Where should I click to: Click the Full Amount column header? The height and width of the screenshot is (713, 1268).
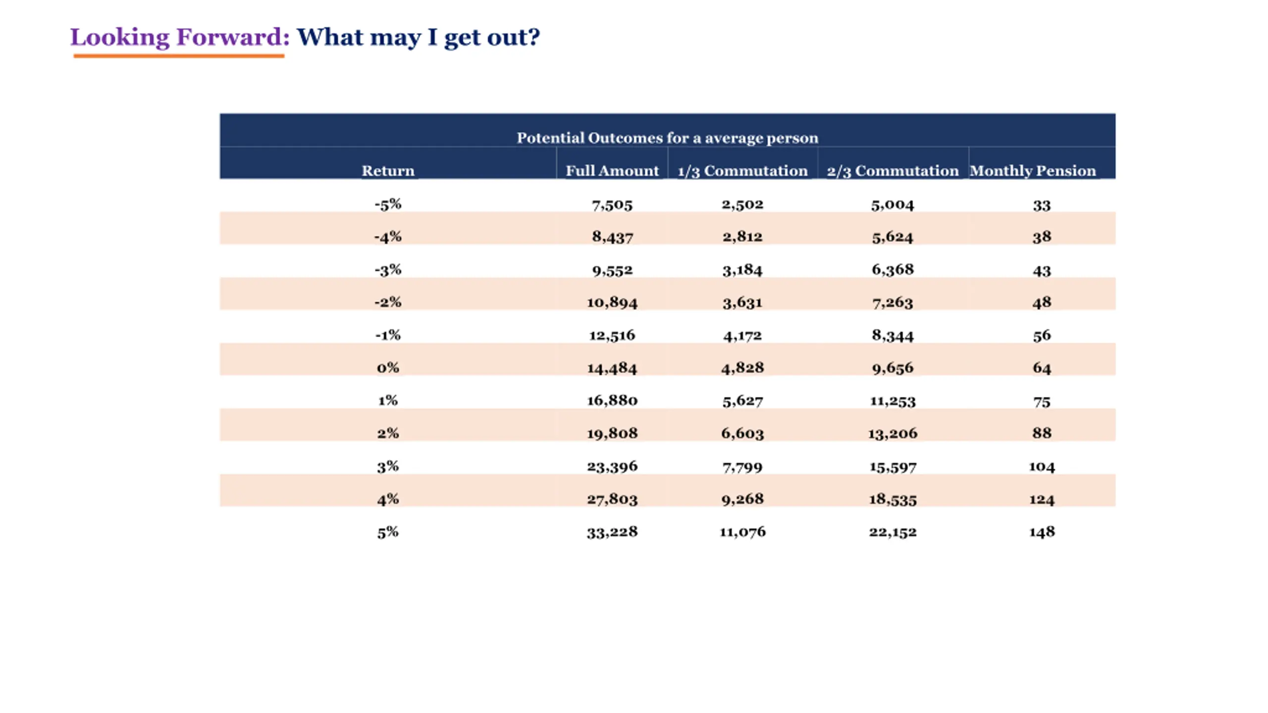612,171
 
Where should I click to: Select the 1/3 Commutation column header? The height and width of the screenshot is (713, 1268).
742,171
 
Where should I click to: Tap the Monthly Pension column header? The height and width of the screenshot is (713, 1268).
1033,171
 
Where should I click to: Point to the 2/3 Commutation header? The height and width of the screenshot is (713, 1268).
893,171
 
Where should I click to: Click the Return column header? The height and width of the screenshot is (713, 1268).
388,171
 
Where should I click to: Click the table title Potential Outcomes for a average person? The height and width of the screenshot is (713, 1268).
667,138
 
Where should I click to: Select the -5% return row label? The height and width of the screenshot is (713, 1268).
388,204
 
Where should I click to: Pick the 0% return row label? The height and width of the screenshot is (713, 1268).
388,368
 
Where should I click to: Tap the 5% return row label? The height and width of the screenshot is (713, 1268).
388,532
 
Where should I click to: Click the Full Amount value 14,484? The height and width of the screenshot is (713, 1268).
612,368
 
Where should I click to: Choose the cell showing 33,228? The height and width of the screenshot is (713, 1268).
612,532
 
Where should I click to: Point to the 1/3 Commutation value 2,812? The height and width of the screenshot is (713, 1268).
742,237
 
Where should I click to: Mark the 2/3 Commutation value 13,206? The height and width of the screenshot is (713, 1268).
893,433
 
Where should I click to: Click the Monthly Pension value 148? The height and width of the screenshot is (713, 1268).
1042,532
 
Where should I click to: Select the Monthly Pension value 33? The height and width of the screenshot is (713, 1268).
1042,205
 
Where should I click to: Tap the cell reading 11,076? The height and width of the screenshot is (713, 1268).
742,532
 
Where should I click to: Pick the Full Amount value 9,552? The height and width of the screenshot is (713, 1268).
612,270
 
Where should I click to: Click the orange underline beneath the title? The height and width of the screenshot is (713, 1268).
179,56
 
